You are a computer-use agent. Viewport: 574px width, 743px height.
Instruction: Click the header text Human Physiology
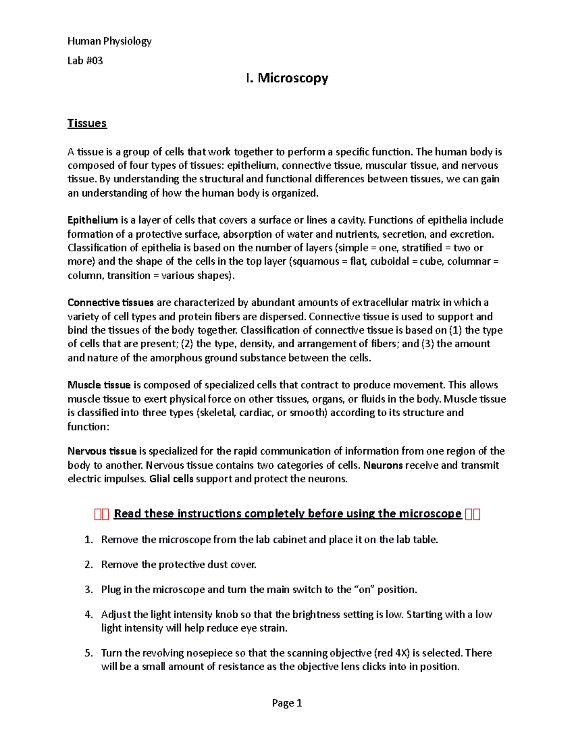(109, 41)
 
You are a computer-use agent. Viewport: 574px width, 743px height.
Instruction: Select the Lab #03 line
(85, 61)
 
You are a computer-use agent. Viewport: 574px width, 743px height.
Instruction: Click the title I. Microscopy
(287, 78)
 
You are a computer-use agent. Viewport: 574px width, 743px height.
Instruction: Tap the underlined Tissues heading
(87, 123)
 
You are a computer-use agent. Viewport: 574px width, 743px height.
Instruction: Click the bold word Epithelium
(92, 220)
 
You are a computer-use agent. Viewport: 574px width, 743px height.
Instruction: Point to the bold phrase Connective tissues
(110, 302)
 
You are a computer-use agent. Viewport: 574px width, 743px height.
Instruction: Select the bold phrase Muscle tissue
(99, 385)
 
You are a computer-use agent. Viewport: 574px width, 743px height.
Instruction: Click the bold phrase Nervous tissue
(102, 451)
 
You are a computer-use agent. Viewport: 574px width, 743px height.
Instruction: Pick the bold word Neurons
(383, 465)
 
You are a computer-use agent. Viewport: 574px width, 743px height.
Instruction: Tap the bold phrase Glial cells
(171, 479)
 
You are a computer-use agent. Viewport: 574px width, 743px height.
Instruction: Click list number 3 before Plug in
(88, 589)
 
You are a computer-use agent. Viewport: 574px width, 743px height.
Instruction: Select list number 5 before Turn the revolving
(88, 653)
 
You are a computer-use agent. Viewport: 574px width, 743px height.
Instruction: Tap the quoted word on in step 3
(364, 589)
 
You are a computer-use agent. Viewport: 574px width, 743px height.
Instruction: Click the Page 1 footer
(287, 703)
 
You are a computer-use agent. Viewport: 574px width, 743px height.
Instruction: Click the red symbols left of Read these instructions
(102, 514)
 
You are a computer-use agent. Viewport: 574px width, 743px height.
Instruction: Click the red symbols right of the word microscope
(472, 514)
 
